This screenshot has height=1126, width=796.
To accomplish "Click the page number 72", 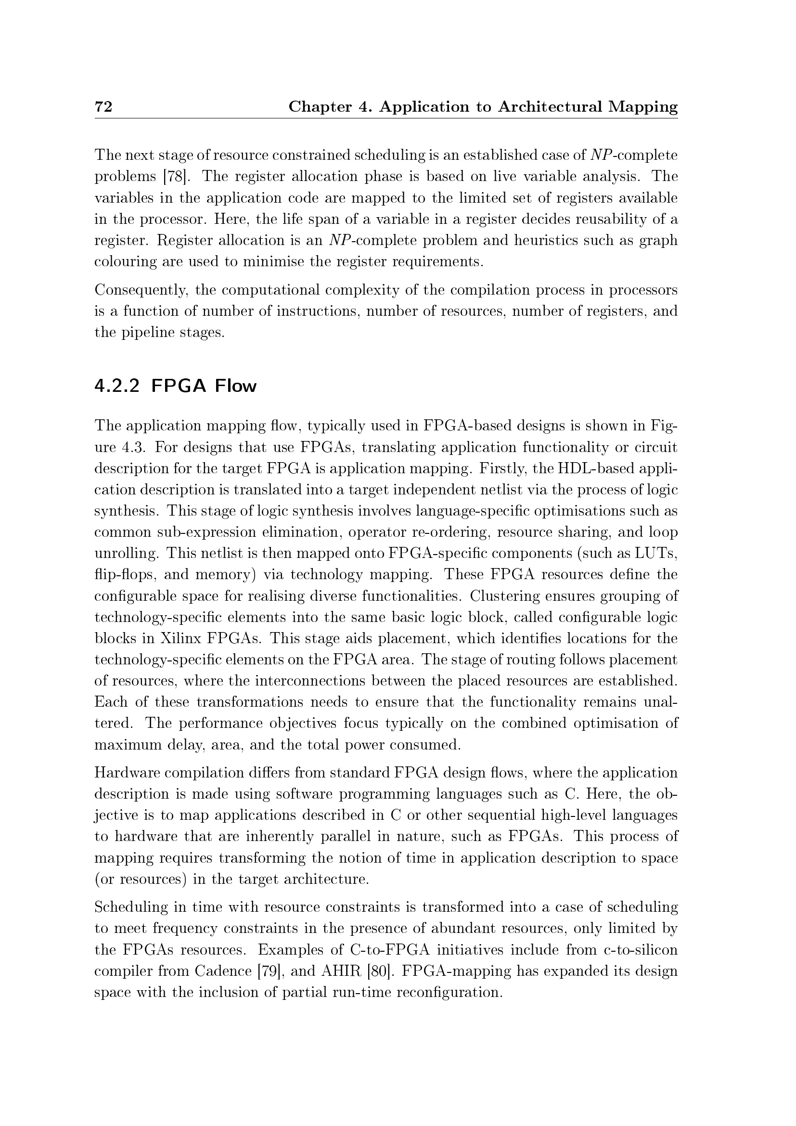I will pyautogui.click(x=103, y=106).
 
